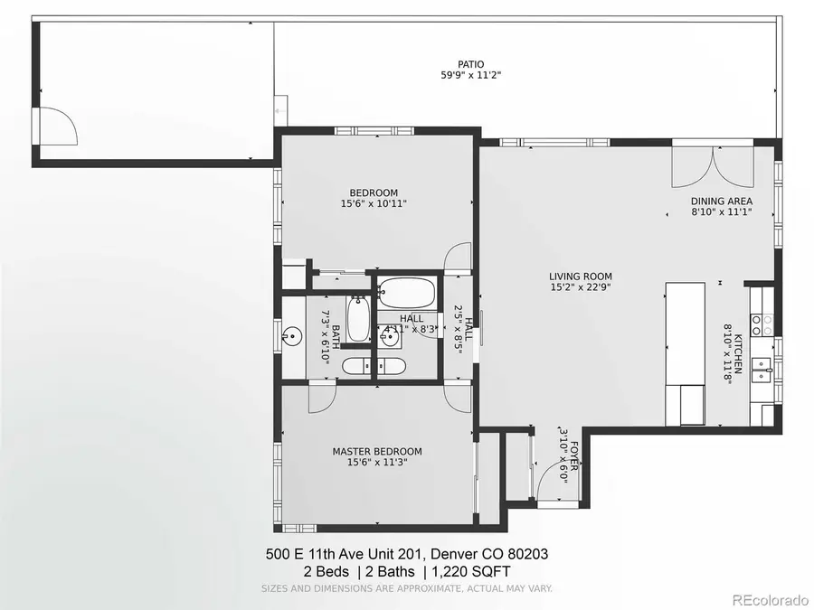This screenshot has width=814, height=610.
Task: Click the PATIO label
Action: coord(469,64)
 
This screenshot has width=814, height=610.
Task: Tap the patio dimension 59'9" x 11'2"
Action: coord(469,76)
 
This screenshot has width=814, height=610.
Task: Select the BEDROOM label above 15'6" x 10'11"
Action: coord(374,192)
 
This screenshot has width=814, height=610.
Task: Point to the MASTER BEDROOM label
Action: coord(376,452)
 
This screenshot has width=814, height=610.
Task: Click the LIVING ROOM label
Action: coord(580,277)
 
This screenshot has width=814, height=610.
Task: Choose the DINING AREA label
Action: coord(721,202)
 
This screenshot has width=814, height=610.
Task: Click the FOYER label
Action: coord(573,460)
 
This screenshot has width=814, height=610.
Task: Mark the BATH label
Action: coord(335,336)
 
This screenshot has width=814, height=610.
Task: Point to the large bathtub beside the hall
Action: coord(407,293)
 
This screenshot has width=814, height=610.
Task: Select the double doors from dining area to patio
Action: coord(712,165)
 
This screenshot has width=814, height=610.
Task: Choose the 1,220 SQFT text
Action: coord(473,571)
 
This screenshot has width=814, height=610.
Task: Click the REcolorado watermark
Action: coord(770,598)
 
